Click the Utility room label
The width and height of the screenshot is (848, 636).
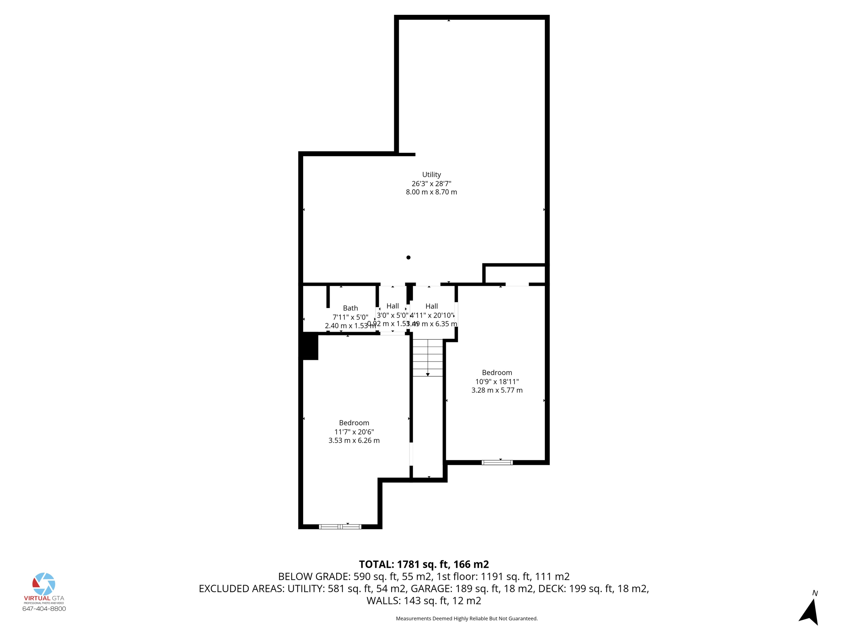pyautogui.click(x=431, y=175)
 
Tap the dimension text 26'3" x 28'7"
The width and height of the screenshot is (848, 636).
pyautogui.click(x=431, y=183)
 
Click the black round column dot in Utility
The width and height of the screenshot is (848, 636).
pyautogui.click(x=408, y=258)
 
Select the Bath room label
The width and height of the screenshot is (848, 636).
pyautogui.click(x=350, y=308)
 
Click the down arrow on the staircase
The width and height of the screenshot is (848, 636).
pyautogui.click(x=428, y=374)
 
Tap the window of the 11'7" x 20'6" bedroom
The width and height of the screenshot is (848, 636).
pyautogui.click(x=340, y=527)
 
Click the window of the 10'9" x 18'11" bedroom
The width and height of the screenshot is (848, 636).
pyautogui.click(x=497, y=463)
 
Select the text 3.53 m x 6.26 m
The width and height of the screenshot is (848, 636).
pyautogui.click(x=354, y=441)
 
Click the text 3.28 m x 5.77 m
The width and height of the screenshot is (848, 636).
pyautogui.click(x=497, y=390)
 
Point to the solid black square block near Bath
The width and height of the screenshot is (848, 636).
pyautogui.click(x=309, y=347)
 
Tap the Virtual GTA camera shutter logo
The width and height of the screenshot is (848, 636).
pyautogui.click(x=44, y=584)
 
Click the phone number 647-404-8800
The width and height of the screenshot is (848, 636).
pyautogui.click(x=44, y=609)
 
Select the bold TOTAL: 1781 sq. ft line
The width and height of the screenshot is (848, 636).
pyautogui.click(x=424, y=564)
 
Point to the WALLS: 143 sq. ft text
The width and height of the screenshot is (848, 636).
pyautogui.click(x=424, y=601)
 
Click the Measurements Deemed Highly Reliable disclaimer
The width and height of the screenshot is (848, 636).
pyautogui.click(x=467, y=619)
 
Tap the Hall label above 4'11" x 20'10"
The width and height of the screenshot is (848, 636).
pyautogui.click(x=431, y=306)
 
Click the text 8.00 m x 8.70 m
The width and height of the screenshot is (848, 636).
pyautogui.click(x=431, y=192)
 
